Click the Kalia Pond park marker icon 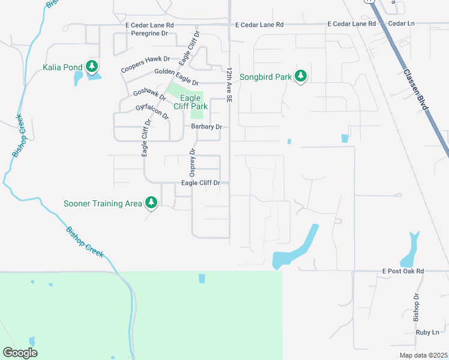tap(92, 67)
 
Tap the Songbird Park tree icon tap(301, 76)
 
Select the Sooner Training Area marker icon tap(151, 203)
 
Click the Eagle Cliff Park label tap(190, 102)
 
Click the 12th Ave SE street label tap(229, 86)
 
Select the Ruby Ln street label tap(427, 332)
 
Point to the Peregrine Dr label tap(149, 34)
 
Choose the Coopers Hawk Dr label tap(145, 65)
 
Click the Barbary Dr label tap(206, 127)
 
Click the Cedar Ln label tap(402, 23)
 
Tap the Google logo tap(20, 352)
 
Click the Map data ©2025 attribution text tap(423, 355)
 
